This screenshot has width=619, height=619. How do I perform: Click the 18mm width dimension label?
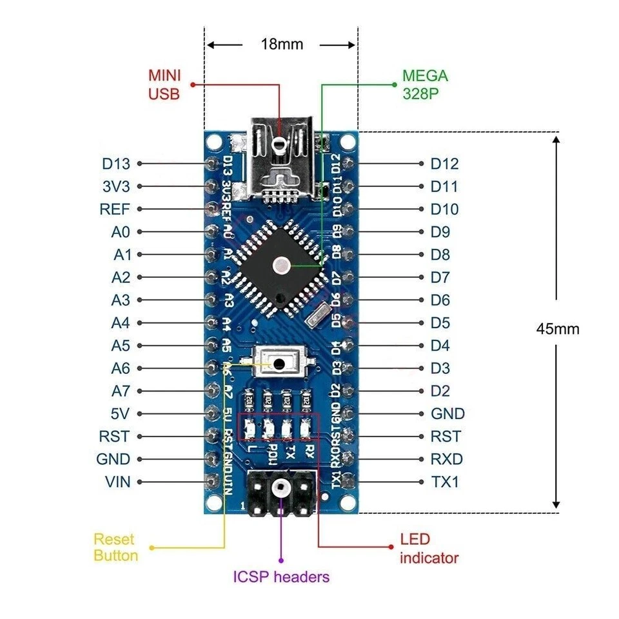pyautogui.click(x=281, y=44)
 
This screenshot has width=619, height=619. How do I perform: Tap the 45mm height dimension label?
pyautogui.click(x=558, y=329)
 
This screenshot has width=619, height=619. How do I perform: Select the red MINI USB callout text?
pyautogui.click(x=164, y=85)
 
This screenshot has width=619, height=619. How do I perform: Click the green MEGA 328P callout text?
pyautogui.click(x=425, y=84)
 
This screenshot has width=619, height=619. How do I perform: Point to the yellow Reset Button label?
pyautogui.click(x=115, y=547)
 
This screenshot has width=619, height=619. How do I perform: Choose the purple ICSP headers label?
pyautogui.click(x=281, y=576)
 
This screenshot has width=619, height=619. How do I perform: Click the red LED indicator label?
pyautogui.click(x=429, y=548)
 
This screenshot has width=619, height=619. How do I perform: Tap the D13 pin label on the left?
pyautogui.click(x=116, y=164)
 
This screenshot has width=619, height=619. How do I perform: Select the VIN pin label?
pyautogui.click(x=117, y=482)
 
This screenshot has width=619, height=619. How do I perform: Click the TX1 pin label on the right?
pyautogui.click(x=445, y=482)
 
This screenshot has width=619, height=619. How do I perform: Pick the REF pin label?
pyautogui.click(x=115, y=210)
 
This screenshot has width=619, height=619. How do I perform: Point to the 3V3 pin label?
pyautogui.click(x=116, y=186)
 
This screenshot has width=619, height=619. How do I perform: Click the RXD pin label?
pyautogui.click(x=446, y=459)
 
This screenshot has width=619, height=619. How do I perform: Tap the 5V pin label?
pyautogui.click(x=121, y=413)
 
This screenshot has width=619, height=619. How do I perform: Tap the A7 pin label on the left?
pyautogui.click(x=121, y=391)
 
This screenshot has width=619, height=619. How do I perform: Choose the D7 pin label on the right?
pyautogui.click(x=440, y=277)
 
